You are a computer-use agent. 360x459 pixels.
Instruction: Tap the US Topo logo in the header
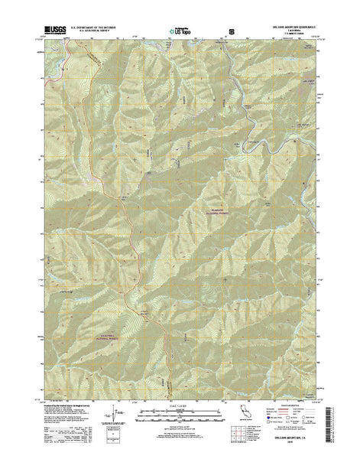pyautogui.click(x=174, y=31)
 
